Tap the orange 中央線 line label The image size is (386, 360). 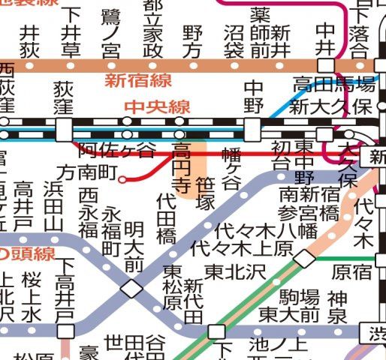pyautogui.click(x=156, y=107)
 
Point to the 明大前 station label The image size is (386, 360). pyautogui.click(x=133, y=244)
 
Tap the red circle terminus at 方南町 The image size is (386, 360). pyautogui.click(x=122, y=178)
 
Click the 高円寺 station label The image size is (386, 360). pyautogui.click(x=181, y=165)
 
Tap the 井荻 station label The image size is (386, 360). pyautogui.click(x=29, y=41)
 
